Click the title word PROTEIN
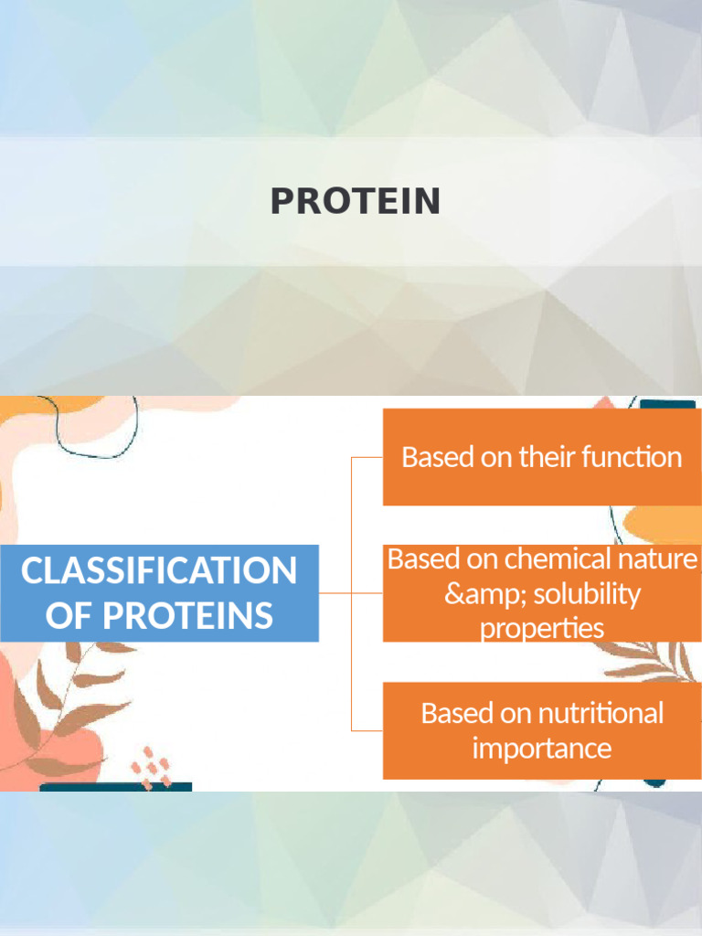[355, 202]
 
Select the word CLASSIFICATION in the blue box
[159, 571]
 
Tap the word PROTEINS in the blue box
[186, 615]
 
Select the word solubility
[586, 594]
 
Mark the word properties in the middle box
[542, 629]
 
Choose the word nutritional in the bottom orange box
[601, 713]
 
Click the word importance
[542, 749]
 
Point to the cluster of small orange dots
[151, 766]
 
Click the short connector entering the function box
[367, 457]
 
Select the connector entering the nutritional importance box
[367, 730]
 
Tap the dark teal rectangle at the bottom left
[115, 786]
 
